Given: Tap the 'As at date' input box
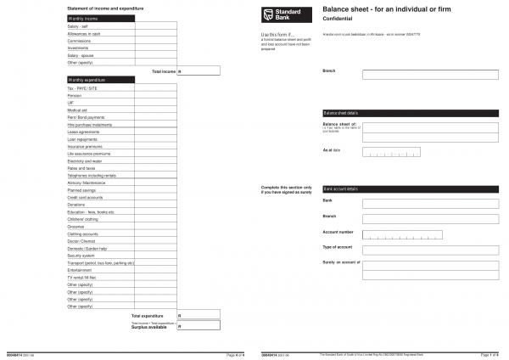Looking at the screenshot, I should click(x=391, y=152).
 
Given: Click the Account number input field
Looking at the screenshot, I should click(x=390, y=234).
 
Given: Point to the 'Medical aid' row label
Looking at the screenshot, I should click(x=77, y=110).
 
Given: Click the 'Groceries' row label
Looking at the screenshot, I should click(x=77, y=226).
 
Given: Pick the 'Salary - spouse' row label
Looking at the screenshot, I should click(x=81, y=55).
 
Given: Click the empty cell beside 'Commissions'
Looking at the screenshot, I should click(x=155, y=41).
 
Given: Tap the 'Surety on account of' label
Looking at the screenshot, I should click(x=341, y=262).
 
